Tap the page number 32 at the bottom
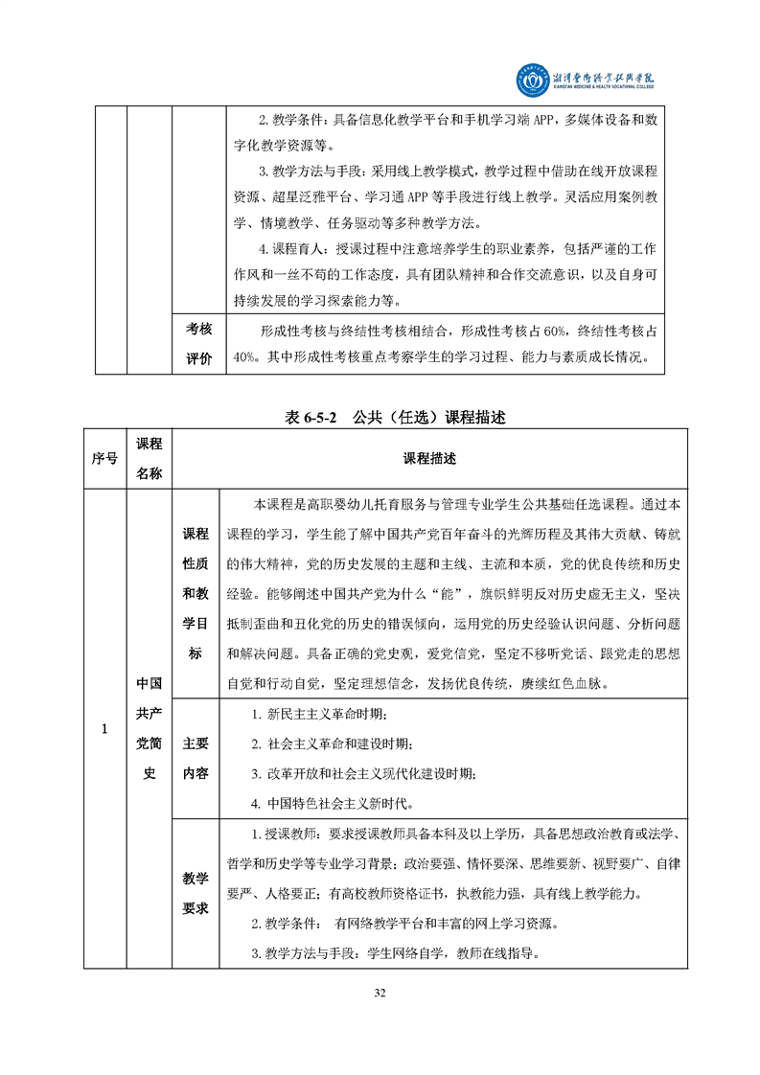point(380,992)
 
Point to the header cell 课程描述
point(429,458)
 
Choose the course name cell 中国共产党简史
point(149,730)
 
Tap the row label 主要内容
point(196,758)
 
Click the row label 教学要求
point(196,893)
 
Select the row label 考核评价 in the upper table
point(198,344)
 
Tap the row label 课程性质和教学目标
point(196,593)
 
